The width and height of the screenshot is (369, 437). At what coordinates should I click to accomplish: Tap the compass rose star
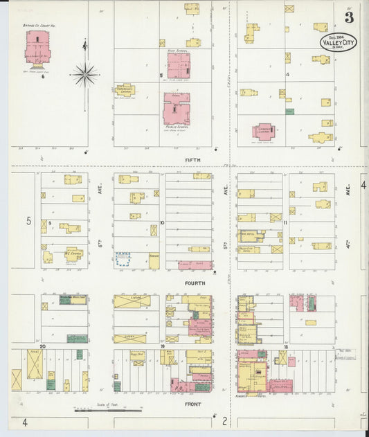coord(85,73)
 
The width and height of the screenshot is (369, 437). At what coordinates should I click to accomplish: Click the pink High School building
coord(178,66)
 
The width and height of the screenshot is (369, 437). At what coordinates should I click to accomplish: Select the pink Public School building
coord(177,109)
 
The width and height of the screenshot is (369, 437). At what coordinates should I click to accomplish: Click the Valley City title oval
coord(337,42)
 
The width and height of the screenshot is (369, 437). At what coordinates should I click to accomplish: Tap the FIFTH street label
coord(192,159)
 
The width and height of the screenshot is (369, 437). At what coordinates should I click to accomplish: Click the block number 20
coord(43,346)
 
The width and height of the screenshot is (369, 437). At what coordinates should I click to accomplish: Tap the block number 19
coord(163,346)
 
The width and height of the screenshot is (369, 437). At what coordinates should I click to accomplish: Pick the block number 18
coord(285,346)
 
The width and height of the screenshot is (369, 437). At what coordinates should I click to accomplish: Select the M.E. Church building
coord(74,253)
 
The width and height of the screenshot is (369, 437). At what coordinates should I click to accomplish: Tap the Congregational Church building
coord(125,89)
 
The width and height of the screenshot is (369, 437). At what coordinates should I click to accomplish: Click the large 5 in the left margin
coord(29,221)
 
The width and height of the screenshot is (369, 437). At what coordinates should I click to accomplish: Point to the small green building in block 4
coord(289,111)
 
